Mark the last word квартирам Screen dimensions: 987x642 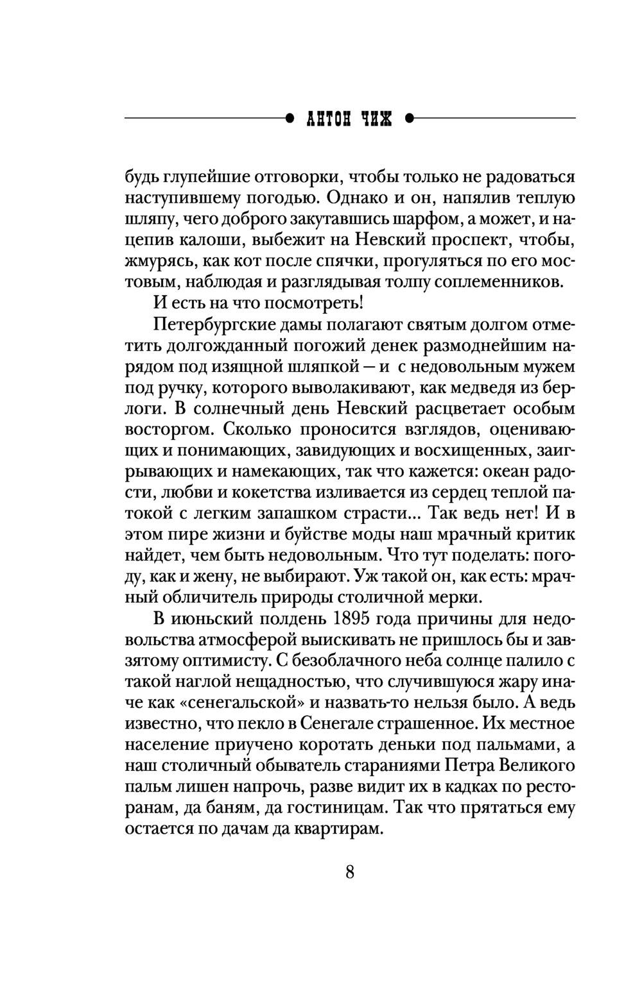[336, 829]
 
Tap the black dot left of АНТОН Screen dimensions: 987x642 [290, 119]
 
